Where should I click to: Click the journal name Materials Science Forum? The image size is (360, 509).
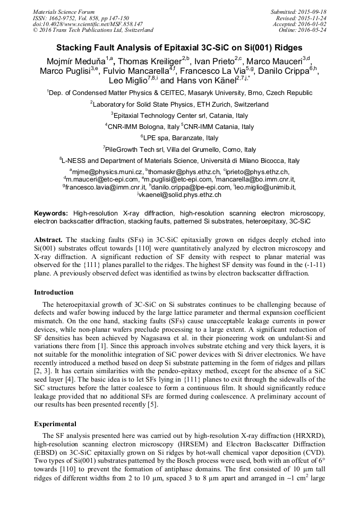click(64, 12)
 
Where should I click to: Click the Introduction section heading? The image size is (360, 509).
click(54, 292)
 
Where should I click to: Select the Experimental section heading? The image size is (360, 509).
click(55, 425)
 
